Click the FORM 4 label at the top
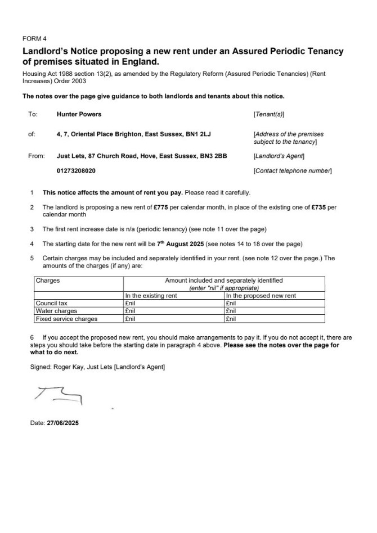pyautogui.click(x=34, y=39)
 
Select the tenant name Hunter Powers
pyautogui.click(x=79, y=114)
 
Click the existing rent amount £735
pyautogui.click(x=318, y=207)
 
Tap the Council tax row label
pyautogui.click(x=51, y=303)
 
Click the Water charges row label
pyautogui.click(x=56, y=310)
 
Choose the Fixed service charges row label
pyautogui.click(x=66, y=319)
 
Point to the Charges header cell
pyautogui.click(x=48, y=280)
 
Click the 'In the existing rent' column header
pyautogui.click(x=151, y=296)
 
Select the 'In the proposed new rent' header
pyautogui.click(x=261, y=296)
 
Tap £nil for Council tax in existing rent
pyautogui.click(x=131, y=303)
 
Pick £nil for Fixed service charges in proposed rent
pyautogui.click(x=231, y=319)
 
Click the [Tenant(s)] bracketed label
pyautogui.click(x=270, y=114)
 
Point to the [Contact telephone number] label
pyautogui.click(x=293, y=170)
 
